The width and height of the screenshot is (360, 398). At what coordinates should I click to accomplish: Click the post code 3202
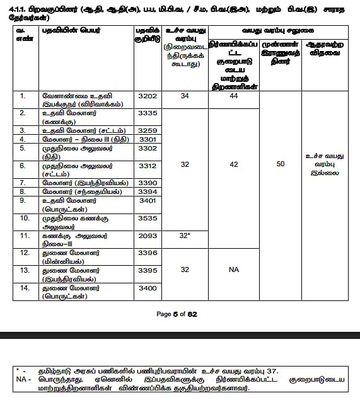(147, 96)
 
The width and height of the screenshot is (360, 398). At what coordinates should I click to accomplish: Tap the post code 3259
(147, 130)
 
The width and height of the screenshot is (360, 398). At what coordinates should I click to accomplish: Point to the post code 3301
(147, 139)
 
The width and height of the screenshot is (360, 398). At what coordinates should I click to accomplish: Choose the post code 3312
(147, 165)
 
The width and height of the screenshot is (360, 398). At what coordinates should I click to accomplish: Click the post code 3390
(147, 182)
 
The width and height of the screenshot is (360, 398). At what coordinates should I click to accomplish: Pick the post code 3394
(147, 191)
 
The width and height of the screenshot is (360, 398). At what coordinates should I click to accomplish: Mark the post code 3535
(147, 217)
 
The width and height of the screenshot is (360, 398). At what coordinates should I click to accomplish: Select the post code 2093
(147, 235)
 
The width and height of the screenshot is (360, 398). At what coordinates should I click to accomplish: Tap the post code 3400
(147, 287)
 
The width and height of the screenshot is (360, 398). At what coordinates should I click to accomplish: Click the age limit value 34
(185, 96)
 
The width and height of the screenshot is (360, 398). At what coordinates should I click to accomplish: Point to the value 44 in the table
(234, 96)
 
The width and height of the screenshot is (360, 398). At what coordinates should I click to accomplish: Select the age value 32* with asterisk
(185, 235)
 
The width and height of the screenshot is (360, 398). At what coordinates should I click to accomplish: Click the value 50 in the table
(281, 164)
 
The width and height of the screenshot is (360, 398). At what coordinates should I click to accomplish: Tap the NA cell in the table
(234, 269)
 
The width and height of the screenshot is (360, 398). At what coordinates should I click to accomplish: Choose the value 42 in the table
(234, 164)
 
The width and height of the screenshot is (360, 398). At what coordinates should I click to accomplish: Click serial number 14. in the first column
(24, 287)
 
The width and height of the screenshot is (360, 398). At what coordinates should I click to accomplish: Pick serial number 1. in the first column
(23, 96)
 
